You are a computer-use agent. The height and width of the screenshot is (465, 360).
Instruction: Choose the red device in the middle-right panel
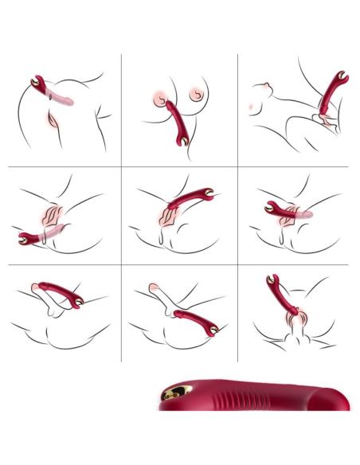click(283, 210)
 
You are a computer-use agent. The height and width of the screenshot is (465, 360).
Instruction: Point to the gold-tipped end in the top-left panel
click(37, 82)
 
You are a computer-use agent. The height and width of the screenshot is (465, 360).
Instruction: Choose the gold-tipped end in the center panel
click(208, 193)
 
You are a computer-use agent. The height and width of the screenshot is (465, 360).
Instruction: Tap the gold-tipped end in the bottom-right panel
click(272, 280)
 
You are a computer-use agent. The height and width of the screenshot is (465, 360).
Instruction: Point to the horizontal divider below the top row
click(180, 166)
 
